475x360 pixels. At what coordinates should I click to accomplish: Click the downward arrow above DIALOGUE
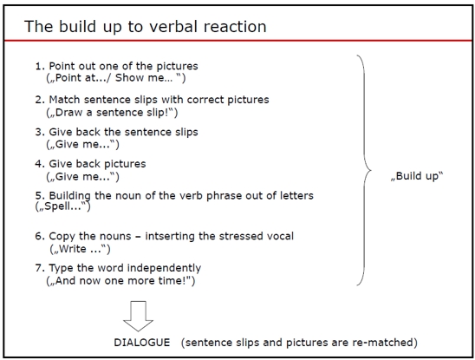click(x=138, y=316)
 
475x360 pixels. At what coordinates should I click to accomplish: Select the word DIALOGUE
click(x=142, y=343)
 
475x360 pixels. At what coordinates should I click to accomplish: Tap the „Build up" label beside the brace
click(x=417, y=176)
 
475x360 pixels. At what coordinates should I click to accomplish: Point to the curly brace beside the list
click(x=364, y=170)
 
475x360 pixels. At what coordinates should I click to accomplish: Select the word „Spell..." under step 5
click(x=62, y=206)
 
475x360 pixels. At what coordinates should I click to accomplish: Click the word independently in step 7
click(x=164, y=268)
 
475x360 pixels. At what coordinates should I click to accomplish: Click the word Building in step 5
click(x=69, y=196)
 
